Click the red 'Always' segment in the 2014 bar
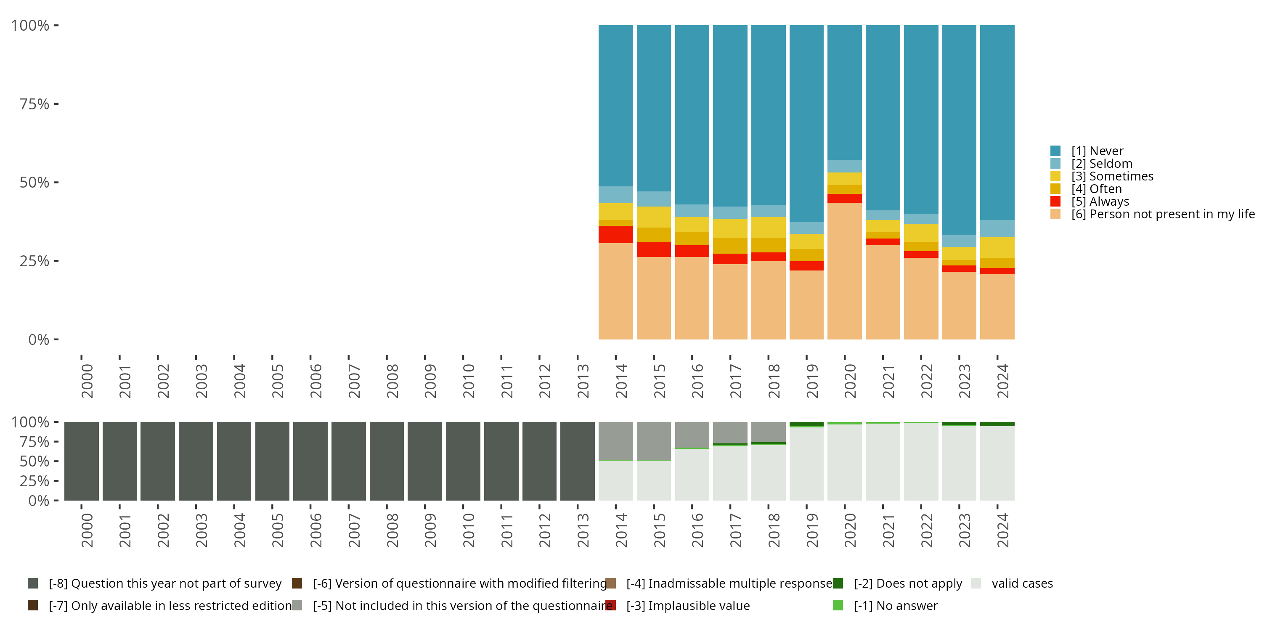615,234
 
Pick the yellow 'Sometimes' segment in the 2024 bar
997,247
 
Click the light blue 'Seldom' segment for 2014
615,194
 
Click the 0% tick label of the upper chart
38,339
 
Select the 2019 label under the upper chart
812,381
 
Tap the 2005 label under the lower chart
277,530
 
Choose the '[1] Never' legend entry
1097,151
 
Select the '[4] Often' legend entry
1096,188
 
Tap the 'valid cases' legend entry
1021,583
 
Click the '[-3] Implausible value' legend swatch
610,605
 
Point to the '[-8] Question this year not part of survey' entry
164,583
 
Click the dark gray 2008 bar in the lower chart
387,461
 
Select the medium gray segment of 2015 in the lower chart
654,441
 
